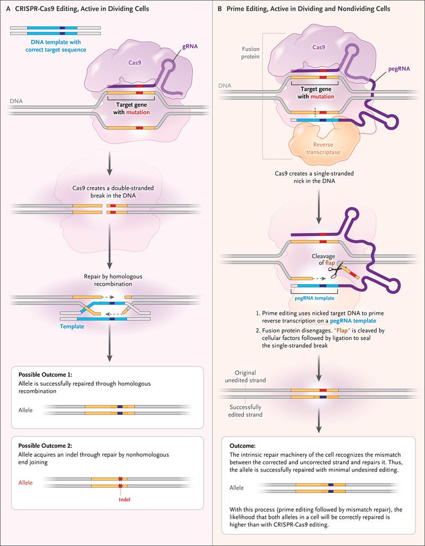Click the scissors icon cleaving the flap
335,271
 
